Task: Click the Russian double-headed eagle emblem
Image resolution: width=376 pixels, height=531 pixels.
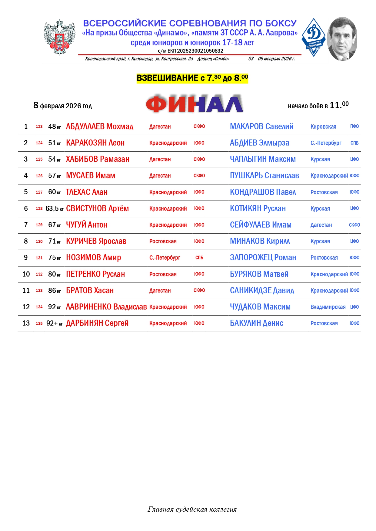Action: [59, 37]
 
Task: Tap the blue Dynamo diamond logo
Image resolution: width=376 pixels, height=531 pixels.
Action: [314, 37]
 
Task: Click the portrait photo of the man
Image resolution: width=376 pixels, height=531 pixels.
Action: [342, 39]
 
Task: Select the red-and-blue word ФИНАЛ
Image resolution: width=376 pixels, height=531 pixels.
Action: [194, 104]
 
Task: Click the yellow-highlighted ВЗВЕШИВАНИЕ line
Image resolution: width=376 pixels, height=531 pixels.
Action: [192, 78]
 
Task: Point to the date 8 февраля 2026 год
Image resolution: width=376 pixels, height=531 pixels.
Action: [62, 106]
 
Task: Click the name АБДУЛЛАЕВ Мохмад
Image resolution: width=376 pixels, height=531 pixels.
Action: [99, 126]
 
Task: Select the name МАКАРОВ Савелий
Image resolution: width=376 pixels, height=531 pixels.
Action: [261, 126]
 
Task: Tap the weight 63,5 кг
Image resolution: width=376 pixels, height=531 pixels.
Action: [54, 208]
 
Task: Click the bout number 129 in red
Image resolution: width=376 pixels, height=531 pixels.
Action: [39, 225]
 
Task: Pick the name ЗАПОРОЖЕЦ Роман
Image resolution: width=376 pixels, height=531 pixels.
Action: [263, 257]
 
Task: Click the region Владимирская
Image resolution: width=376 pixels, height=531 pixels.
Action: [328, 307]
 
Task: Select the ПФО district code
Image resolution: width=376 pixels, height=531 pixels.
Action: [354, 126]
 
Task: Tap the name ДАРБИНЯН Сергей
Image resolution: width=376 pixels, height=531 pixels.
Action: [97, 323]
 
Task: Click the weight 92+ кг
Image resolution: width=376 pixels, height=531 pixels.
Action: [54, 323]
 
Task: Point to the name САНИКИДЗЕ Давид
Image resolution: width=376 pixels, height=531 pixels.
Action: [262, 290]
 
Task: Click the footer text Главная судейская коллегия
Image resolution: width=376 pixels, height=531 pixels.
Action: [192, 509]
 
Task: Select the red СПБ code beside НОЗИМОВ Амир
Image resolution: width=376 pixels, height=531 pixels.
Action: [199, 258]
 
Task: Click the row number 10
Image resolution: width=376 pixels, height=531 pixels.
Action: [26, 274]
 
